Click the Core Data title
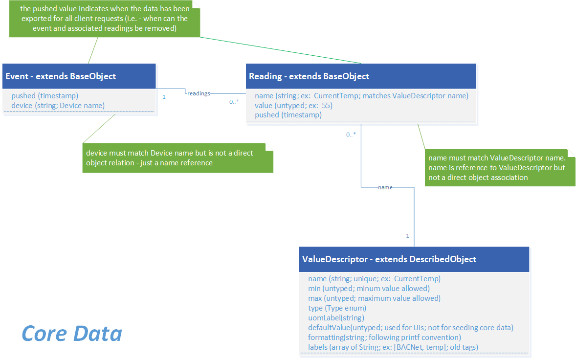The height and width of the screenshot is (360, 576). click(72, 334)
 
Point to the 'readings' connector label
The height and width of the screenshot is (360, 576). click(199, 93)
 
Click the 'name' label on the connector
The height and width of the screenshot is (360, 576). click(385, 187)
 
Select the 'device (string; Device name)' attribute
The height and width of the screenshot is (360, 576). click(58, 105)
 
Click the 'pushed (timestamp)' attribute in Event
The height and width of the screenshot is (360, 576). click(44, 96)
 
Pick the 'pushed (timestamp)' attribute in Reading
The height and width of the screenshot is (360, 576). click(288, 115)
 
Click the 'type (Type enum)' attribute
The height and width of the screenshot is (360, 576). click(337, 308)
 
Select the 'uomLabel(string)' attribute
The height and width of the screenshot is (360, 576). click(336, 318)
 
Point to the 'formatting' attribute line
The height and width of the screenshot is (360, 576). click(384, 337)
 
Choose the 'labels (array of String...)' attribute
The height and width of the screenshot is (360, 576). click(393, 347)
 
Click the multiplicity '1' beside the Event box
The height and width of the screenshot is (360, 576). click(164, 97)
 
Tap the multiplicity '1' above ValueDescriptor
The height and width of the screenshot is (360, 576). click(407, 236)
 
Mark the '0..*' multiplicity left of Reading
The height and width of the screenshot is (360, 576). click(234, 102)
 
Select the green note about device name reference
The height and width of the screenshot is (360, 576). click(177, 158)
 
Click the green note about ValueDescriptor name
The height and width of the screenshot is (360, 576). click(499, 168)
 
